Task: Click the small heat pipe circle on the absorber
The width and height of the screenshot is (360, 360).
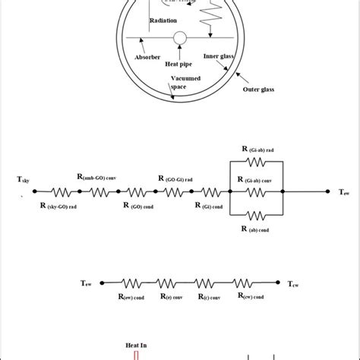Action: coord(180,38)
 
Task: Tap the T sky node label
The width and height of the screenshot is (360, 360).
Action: coord(24,180)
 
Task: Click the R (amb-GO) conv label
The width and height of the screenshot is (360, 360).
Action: coord(97,176)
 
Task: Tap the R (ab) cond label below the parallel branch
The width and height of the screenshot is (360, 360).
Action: coord(258,229)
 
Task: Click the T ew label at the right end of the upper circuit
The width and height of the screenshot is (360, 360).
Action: coord(344,193)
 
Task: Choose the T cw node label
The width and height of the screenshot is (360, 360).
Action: coord(293,285)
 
